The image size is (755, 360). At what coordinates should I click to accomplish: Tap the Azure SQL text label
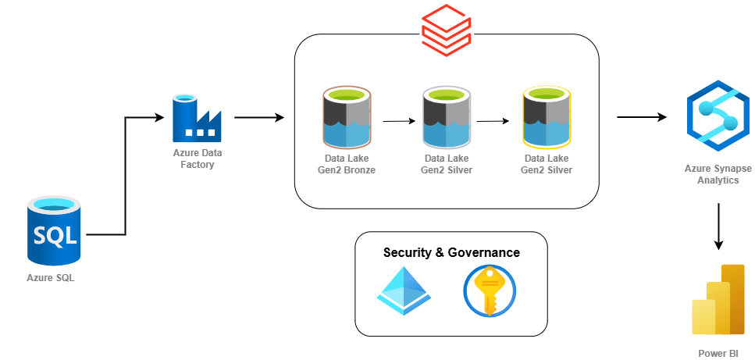(x=51, y=278)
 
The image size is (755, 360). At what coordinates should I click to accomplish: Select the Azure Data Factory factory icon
(x=197, y=119)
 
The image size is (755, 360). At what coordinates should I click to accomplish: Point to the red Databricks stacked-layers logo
(x=446, y=30)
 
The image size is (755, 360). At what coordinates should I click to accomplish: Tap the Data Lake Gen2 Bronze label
(x=346, y=164)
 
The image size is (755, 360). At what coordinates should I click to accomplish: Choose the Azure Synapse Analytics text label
(x=718, y=174)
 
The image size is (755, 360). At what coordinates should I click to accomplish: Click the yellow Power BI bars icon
(x=718, y=299)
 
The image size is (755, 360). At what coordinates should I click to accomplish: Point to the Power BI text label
(x=718, y=353)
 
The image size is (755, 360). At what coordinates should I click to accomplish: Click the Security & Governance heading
(x=451, y=253)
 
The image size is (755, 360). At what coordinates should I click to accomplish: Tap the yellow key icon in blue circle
(x=490, y=290)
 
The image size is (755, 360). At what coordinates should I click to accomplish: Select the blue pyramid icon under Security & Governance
(x=404, y=290)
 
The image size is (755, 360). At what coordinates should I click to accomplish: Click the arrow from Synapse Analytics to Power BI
(x=718, y=226)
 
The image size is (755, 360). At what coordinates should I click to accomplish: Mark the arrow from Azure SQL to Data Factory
(x=125, y=176)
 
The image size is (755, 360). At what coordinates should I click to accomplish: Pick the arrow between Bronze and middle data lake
(x=399, y=121)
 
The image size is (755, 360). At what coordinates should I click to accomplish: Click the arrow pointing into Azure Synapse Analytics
(x=642, y=117)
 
